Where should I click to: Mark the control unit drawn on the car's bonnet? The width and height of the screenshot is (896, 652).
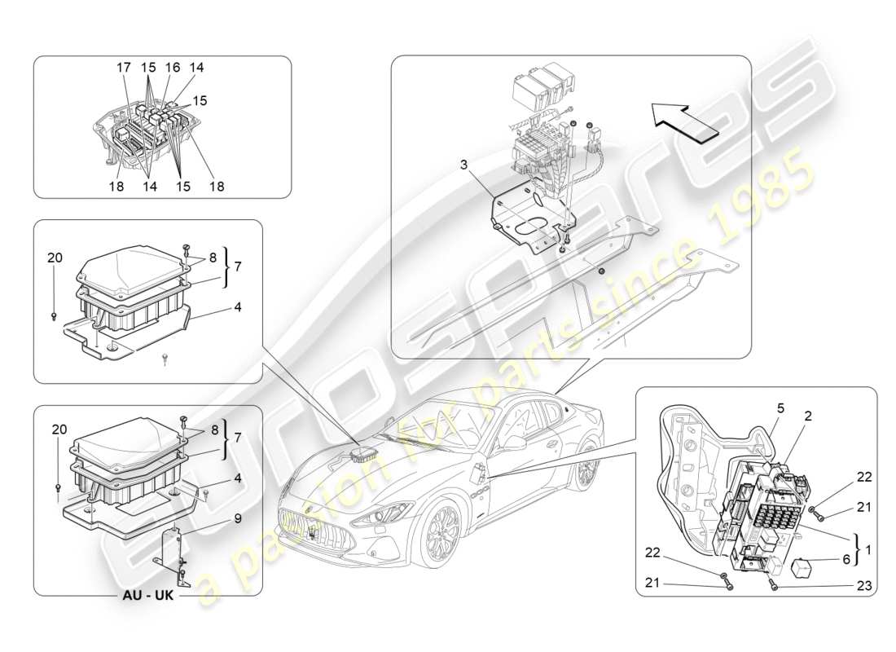[x=363, y=452]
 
